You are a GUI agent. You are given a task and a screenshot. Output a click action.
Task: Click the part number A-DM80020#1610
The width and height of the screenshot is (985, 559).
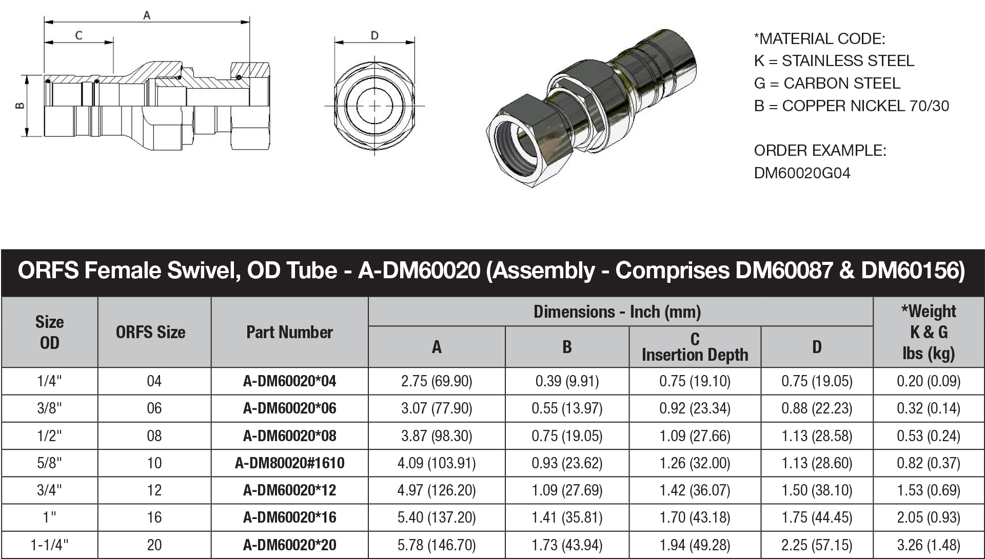pos(289,463)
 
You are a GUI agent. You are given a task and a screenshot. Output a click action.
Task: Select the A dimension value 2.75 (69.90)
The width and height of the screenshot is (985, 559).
pos(437,381)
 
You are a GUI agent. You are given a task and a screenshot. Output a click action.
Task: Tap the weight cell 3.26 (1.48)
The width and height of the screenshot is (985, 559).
pos(928,545)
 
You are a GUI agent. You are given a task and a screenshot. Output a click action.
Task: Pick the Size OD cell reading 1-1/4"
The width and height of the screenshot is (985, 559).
pos(49,545)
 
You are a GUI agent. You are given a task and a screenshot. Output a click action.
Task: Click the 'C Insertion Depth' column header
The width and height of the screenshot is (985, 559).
pos(695,347)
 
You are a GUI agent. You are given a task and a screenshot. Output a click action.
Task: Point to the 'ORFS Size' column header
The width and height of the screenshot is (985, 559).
pos(150,332)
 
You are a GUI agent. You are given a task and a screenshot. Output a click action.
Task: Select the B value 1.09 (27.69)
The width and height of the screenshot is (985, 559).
pos(567,490)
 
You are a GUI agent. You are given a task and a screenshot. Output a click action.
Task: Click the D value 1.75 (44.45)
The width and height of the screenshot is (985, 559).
pos(817,517)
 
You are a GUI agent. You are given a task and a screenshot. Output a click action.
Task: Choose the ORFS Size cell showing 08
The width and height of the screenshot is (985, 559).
pos(154,436)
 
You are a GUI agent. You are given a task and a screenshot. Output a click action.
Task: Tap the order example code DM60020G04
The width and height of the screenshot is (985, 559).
pos(802,173)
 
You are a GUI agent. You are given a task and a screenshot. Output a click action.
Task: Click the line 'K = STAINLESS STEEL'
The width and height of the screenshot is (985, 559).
pos(834,61)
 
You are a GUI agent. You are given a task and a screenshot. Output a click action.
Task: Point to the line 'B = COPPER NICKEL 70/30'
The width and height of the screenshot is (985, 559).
pos(851,106)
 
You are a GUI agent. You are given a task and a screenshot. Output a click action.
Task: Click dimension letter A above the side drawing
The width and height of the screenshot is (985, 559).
pos(147,15)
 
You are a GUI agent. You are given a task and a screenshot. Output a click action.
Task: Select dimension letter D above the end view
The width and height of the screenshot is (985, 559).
pos(375,35)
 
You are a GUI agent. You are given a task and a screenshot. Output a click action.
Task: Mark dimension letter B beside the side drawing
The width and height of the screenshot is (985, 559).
pos(19,106)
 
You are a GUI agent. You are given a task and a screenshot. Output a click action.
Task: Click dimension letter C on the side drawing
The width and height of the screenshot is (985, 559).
pos(78,35)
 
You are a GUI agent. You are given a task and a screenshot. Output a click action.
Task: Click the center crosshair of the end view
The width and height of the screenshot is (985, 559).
pos(375,106)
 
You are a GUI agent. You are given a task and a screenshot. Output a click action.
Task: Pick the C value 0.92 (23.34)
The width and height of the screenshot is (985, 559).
pos(695,408)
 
